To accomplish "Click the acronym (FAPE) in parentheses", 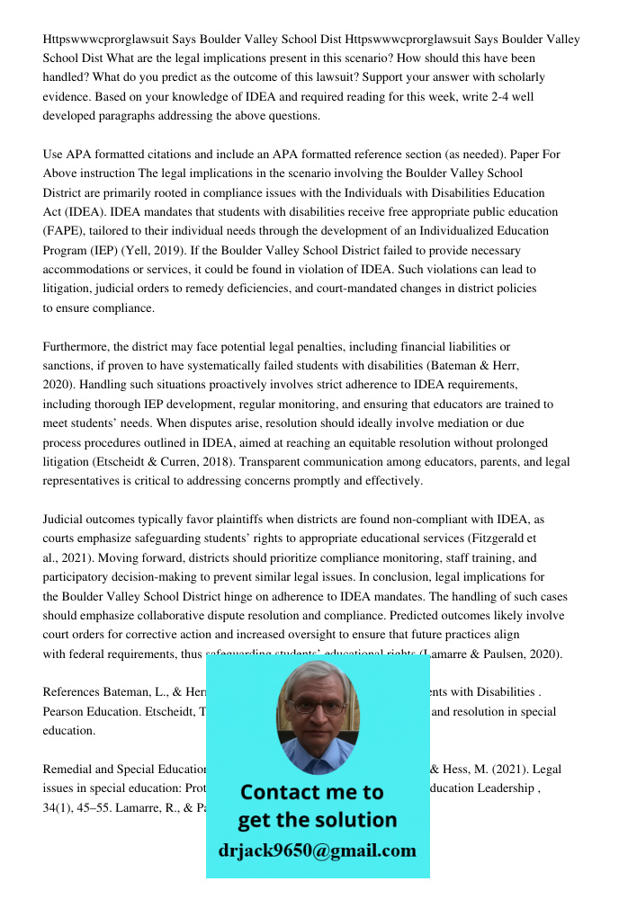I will (x=67, y=231).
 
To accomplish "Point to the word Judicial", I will (x=66, y=520).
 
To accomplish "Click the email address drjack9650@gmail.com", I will (x=318, y=850).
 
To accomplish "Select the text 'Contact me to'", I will (x=312, y=792).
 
